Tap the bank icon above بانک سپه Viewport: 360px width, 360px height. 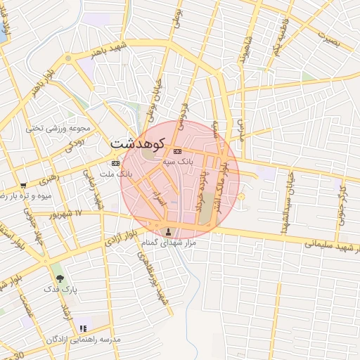(x=177, y=151)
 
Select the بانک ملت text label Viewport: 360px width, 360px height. (x=116, y=173)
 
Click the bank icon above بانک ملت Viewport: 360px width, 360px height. (x=116, y=163)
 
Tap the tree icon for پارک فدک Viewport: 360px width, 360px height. (x=59, y=278)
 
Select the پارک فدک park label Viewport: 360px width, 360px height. (x=59, y=289)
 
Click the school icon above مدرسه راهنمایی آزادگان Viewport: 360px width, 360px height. (x=83, y=328)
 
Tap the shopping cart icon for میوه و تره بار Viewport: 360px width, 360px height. (x=23, y=184)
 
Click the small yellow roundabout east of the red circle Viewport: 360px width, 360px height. (x=241, y=196)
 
